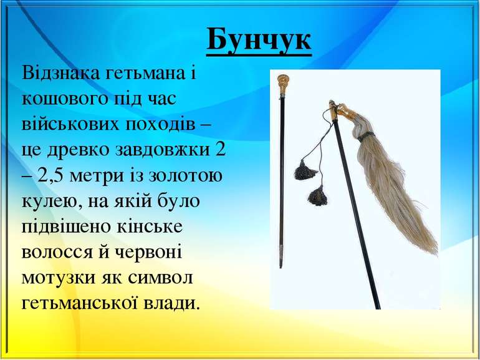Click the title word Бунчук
point(258,41)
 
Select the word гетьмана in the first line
point(148,75)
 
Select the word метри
point(100,175)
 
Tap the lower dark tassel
point(318,197)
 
